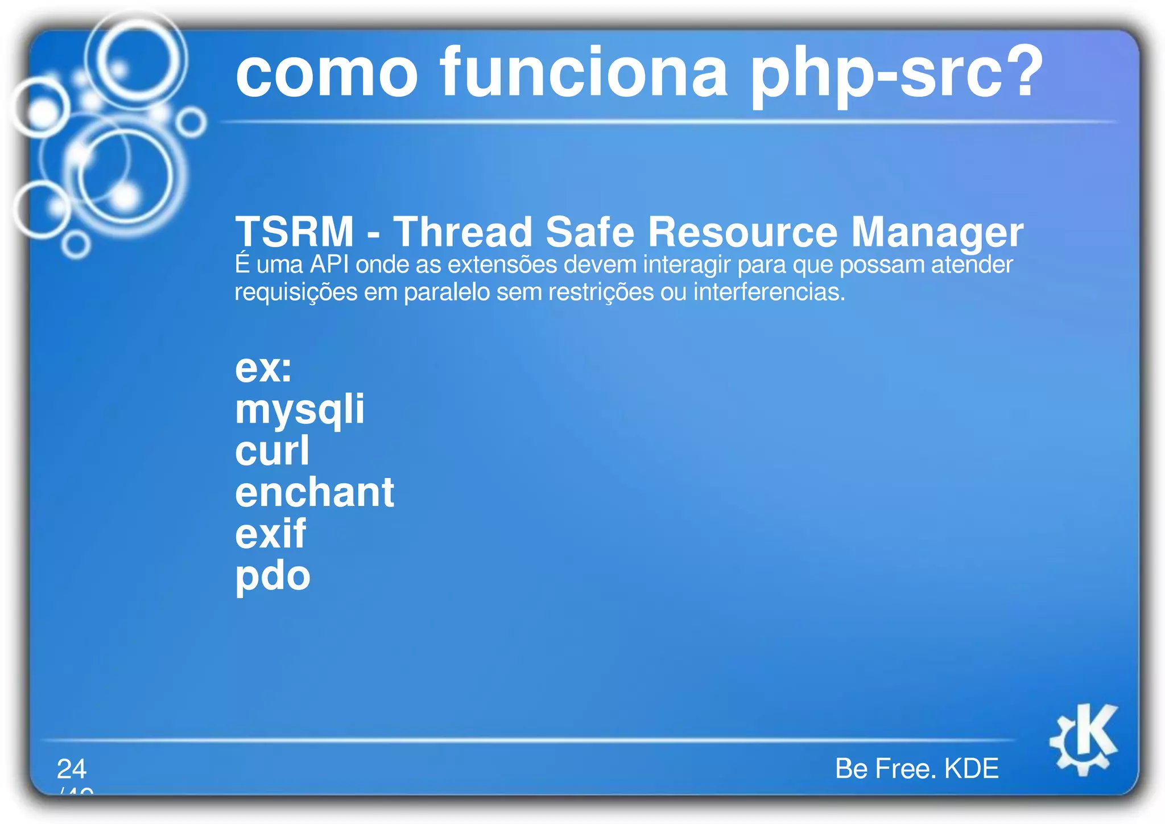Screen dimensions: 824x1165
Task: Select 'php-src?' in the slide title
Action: click(x=896, y=74)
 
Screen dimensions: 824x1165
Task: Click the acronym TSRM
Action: click(x=295, y=232)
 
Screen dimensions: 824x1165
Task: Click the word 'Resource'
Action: click(x=742, y=232)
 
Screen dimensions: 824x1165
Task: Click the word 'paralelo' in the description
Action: click(x=447, y=292)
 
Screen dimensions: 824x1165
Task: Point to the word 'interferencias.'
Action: click(x=769, y=292)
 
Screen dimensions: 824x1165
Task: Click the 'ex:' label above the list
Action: click(x=263, y=368)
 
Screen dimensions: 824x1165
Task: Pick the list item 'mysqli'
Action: click(x=300, y=410)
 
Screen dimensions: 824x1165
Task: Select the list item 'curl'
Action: click(x=272, y=451)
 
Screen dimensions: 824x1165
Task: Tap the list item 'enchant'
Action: click(x=315, y=492)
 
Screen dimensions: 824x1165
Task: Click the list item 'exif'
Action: click(x=271, y=534)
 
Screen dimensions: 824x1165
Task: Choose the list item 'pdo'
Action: click(x=272, y=576)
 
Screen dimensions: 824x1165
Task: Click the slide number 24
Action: click(x=72, y=769)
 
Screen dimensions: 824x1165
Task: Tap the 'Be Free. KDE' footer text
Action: click(x=916, y=768)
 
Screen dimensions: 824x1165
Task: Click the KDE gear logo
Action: click(x=1084, y=739)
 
